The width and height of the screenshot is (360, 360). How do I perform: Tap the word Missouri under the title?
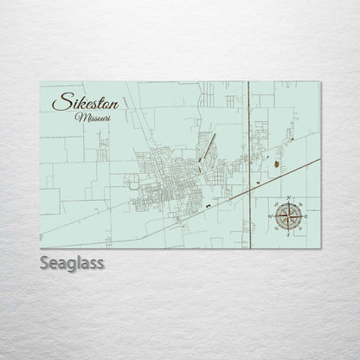[93, 117]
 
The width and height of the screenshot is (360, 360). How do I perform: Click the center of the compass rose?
[288, 216]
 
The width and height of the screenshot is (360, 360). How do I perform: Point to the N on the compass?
[288, 198]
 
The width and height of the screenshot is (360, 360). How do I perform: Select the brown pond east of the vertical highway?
[276, 161]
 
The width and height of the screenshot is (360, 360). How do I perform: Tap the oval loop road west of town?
[133, 182]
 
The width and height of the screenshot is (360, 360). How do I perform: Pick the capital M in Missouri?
[80, 117]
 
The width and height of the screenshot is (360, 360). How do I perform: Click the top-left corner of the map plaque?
[40, 81]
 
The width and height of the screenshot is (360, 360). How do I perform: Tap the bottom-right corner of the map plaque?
[320, 247]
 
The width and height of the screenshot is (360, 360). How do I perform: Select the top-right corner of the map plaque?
[320, 81]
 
